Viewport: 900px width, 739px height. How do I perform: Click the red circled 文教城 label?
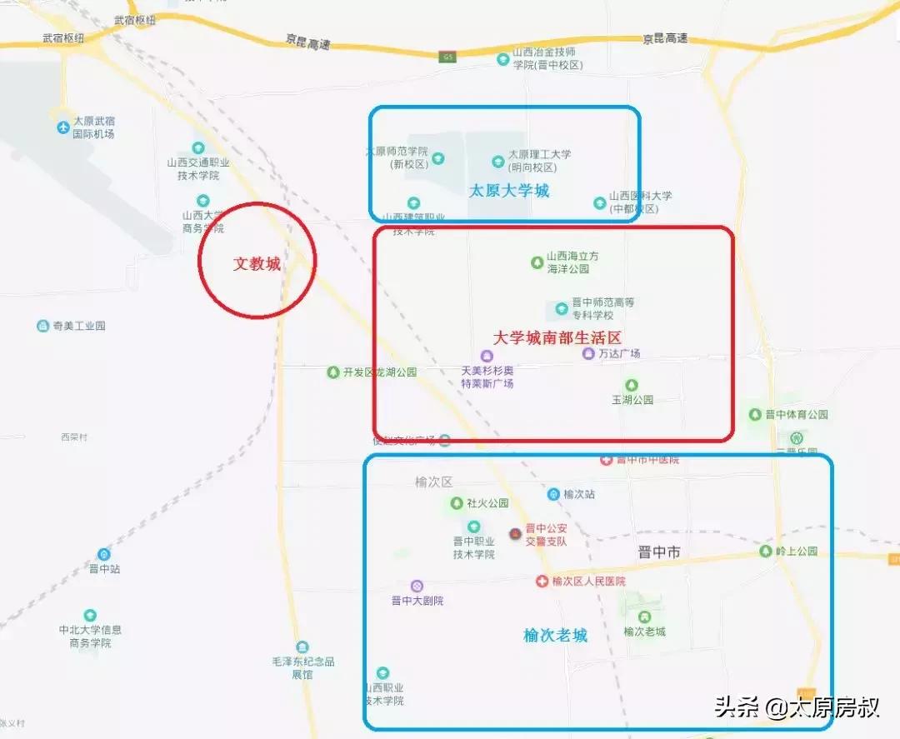click(257, 264)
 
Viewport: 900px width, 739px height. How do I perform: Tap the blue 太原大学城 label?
click(509, 191)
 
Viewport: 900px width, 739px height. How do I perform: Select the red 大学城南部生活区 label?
click(557, 337)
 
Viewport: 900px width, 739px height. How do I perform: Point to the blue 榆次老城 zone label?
click(555, 635)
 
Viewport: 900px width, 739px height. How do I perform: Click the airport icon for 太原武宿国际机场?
click(63, 127)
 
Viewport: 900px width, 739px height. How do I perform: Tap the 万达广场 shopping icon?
click(588, 353)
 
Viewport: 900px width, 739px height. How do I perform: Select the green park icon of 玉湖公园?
click(632, 385)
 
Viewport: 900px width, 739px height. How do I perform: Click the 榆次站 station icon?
click(553, 494)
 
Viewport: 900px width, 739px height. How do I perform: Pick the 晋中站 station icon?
click(104, 554)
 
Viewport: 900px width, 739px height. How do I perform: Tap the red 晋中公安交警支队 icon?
click(515, 533)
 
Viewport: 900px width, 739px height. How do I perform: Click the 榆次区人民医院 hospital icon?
click(542, 581)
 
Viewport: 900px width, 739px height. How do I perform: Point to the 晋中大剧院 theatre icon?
click(417, 586)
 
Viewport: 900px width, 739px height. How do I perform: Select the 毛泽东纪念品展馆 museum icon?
click(302, 647)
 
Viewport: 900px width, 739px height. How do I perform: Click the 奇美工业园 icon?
click(43, 326)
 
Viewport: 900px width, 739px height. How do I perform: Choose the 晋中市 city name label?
click(658, 552)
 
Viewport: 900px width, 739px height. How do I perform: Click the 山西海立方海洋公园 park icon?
click(537, 262)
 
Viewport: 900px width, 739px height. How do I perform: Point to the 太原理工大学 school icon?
click(498, 160)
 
